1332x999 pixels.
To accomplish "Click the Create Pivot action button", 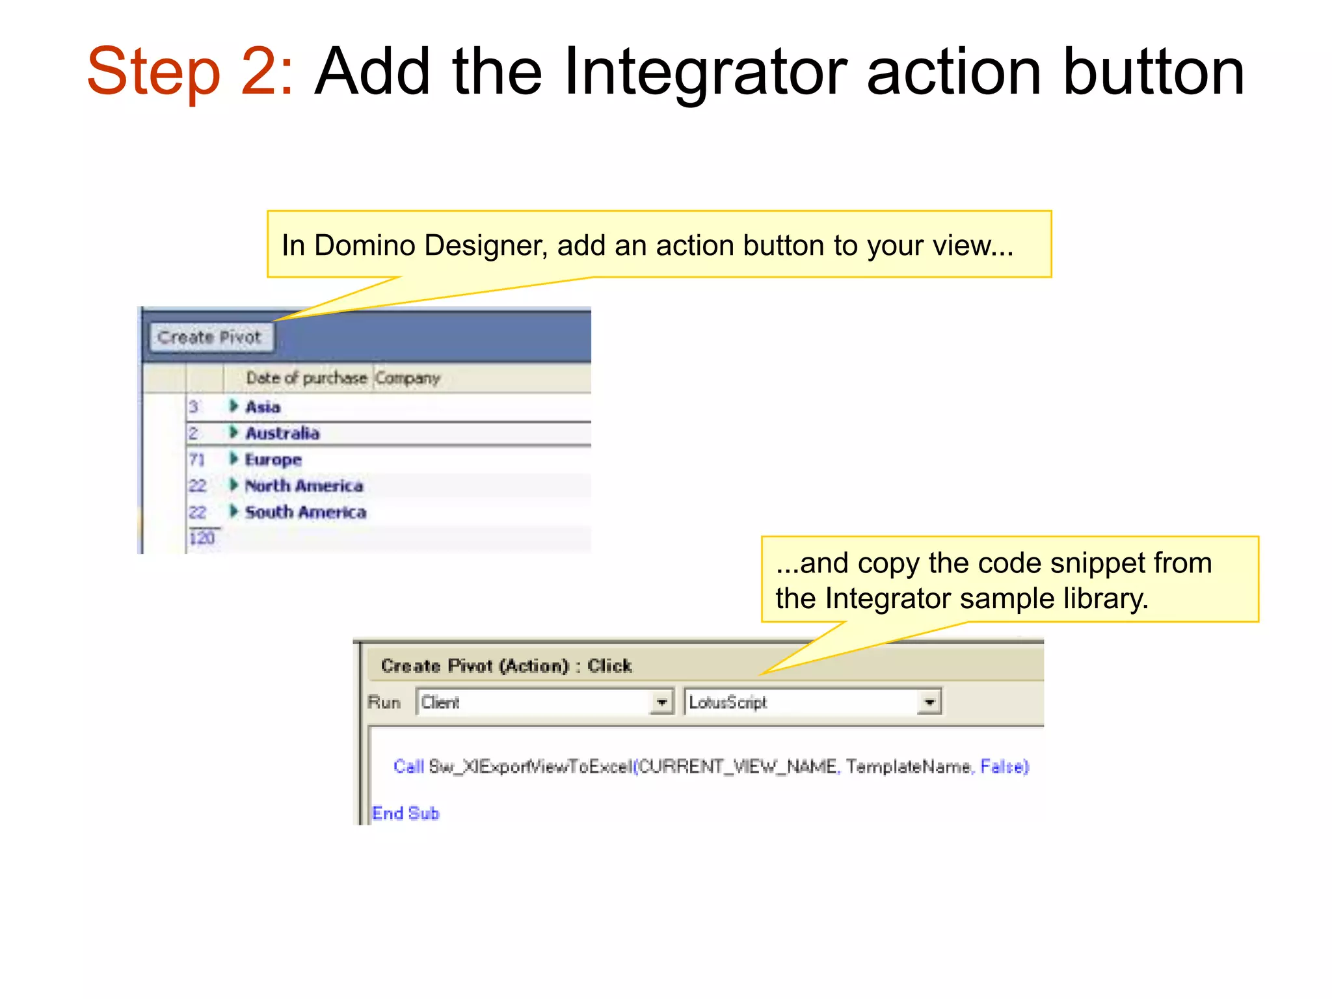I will pos(209,338).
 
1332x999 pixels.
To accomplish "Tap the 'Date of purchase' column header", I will pos(306,378).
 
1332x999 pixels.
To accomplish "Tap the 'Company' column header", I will pos(408,378).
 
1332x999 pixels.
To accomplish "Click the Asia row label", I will pos(263,407).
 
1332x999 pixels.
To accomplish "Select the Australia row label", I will pos(282,433).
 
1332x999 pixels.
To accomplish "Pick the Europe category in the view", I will pos(273,460).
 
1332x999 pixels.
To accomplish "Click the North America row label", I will pos(304,486).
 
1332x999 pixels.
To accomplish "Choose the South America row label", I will pos(305,513).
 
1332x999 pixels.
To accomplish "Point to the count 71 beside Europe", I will pos(196,460).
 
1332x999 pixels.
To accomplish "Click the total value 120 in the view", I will pos(202,539).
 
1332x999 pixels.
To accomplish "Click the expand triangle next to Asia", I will pos(233,406).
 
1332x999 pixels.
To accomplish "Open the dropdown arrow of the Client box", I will pos(661,702).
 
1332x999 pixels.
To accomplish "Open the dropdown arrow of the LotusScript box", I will pos(929,702).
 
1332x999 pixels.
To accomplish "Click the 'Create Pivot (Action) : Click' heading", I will pos(506,666).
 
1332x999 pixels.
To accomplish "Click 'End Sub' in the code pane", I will pos(405,813).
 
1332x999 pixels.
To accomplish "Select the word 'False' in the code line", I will pos(1002,767).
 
